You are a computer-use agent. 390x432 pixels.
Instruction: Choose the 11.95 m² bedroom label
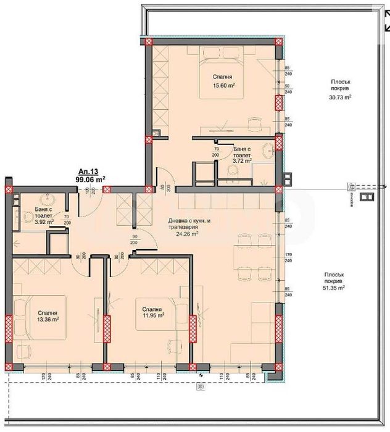point(152,315)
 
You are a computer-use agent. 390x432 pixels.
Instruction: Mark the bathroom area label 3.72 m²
point(242,161)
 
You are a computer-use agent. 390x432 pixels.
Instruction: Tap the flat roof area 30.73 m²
point(339,97)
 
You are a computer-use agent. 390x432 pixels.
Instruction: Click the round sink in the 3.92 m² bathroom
point(45,201)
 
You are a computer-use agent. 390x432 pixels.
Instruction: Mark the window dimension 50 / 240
point(288,89)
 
